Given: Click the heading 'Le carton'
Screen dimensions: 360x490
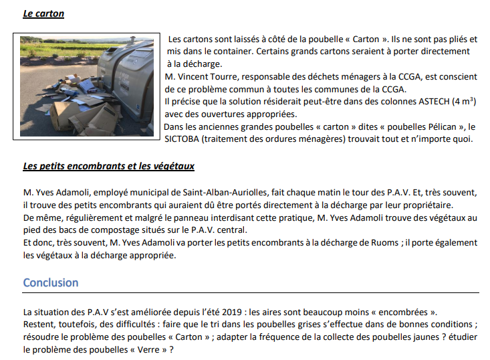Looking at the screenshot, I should pos(44,13).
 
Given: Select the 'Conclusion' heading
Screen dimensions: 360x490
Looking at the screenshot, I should pos(50,282).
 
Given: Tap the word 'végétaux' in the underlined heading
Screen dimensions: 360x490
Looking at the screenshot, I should pos(171,166).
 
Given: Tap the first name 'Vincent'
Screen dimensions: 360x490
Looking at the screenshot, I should pos(199,77).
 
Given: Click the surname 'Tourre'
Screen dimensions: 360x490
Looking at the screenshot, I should pos(231,77).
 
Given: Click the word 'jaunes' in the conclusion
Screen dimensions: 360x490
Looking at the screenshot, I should pos(368,337).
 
